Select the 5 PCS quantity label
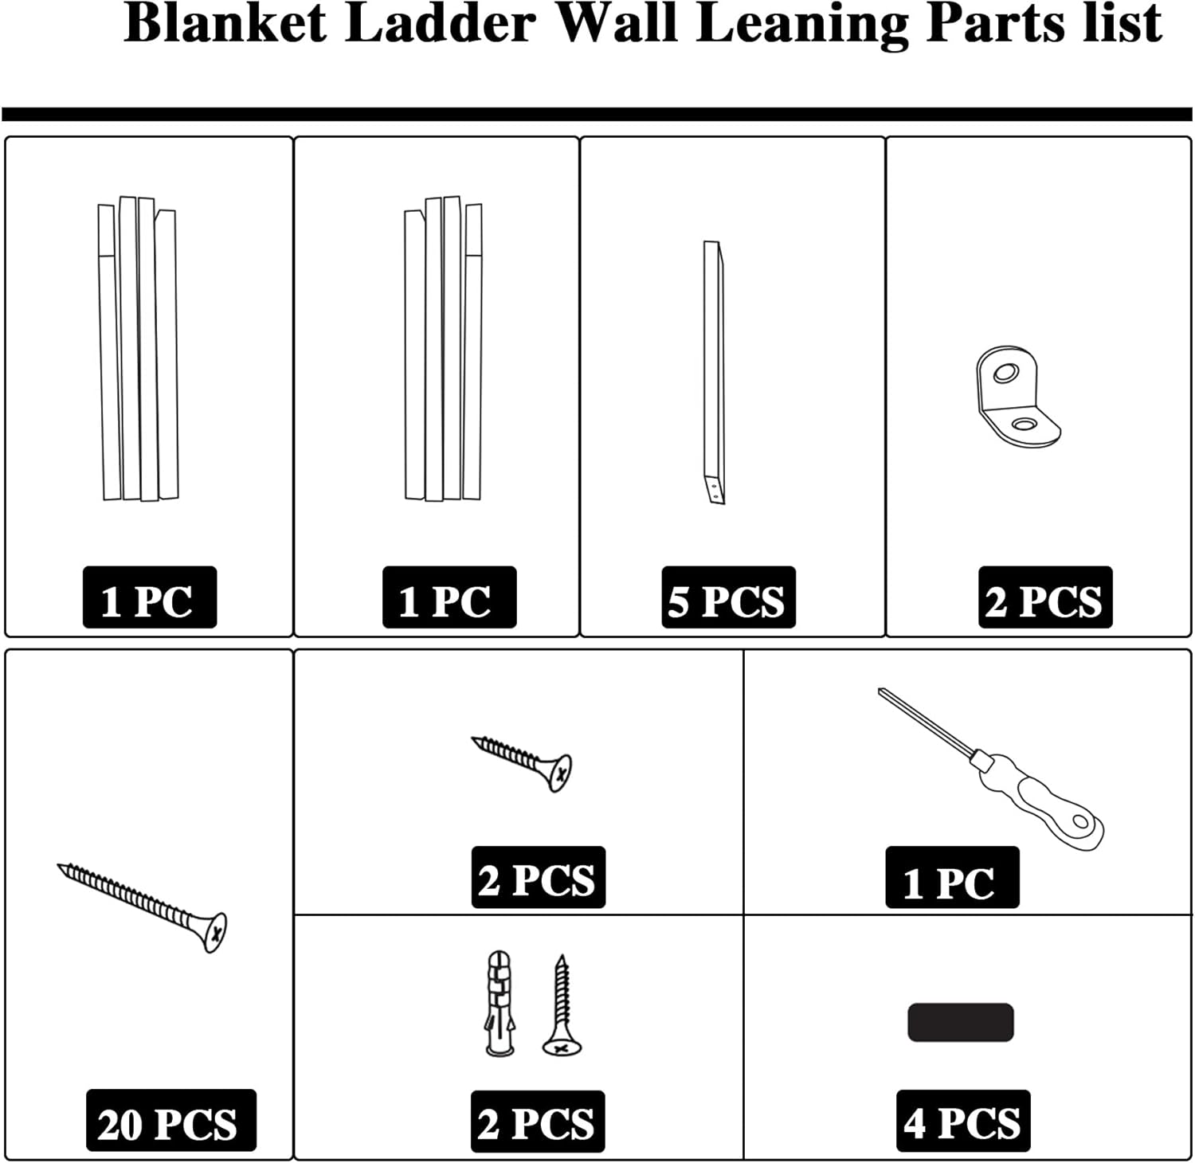tap(728, 598)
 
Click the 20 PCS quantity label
tap(170, 1122)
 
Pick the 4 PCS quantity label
tap(962, 1122)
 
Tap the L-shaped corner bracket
tap(1016, 397)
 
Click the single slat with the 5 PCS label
tap(714, 373)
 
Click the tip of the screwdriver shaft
tap(882, 692)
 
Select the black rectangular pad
tap(960, 1022)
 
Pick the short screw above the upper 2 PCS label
tap(523, 762)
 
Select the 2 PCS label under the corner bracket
tap(1044, 598)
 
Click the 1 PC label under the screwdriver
tap(951, 878)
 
